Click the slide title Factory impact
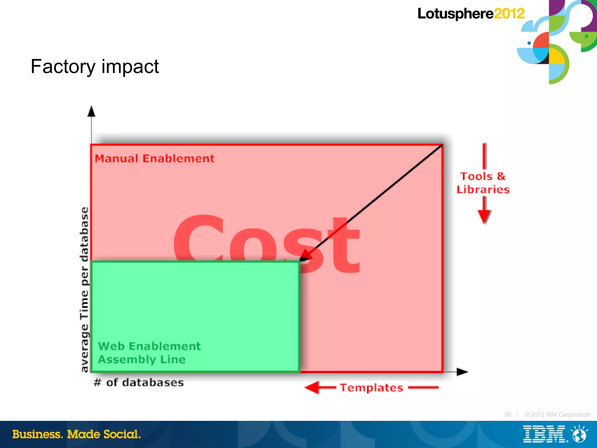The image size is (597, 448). (x=95, y=67)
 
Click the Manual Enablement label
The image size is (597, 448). (x=154, y=159)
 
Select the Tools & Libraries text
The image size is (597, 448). (x=483, y=183)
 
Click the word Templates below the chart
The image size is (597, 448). (x=372, y=388)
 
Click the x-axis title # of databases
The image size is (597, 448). (x=139, y=382)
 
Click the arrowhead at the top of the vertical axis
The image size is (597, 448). (x=92, y=111)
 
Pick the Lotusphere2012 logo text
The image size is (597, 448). (x=471, y=14)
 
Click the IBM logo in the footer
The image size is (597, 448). (x=544, y=434)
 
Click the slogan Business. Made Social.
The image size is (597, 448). (x=76, y=434)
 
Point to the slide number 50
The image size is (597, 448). (x=508, y=414)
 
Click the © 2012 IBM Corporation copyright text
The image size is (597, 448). (x=557, y=414)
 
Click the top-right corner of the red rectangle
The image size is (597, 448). (x=443, y=145)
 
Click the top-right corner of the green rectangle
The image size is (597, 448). (x=299, y=262)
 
